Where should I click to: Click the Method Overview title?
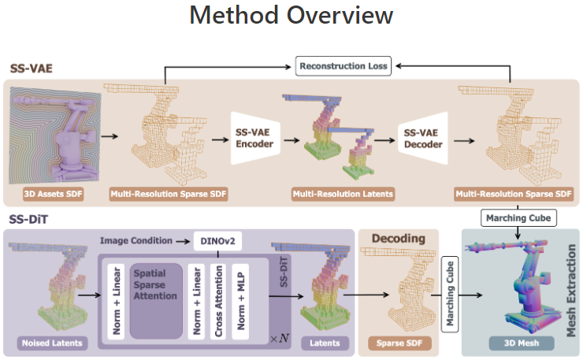pos(291,16)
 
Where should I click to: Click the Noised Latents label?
pos(52,343)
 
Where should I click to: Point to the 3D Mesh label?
pos(519,343)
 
